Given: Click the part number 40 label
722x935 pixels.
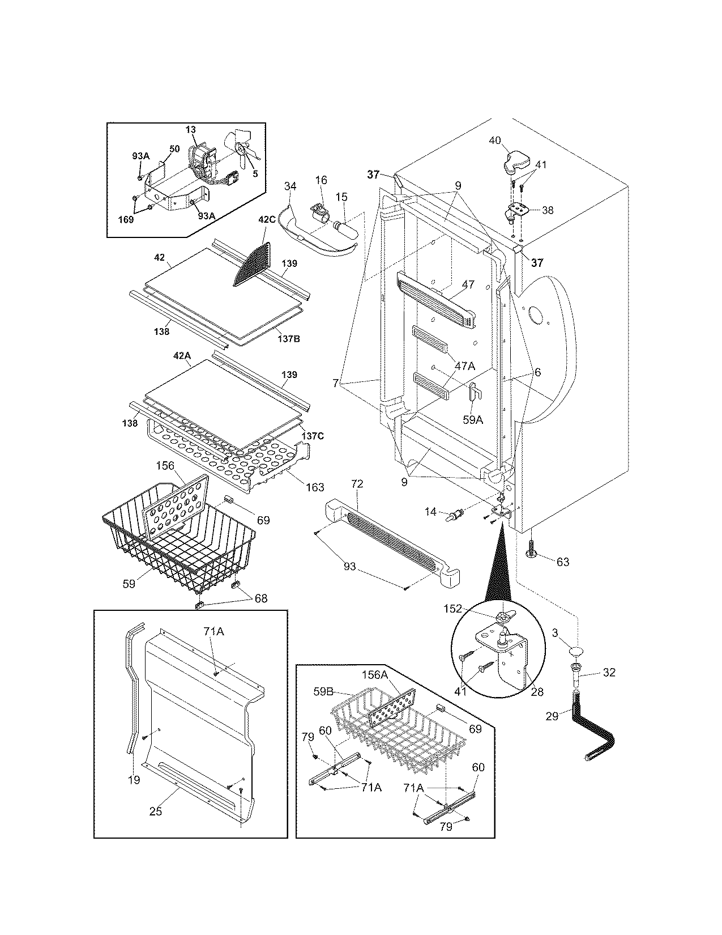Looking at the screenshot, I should click(495, 141).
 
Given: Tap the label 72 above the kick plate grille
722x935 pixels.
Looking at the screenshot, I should click(357, 484).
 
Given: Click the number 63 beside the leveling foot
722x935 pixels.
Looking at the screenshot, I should click(563, 562).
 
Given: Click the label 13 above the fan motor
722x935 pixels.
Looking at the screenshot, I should click(190, 130).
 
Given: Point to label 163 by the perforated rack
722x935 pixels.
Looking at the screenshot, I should click(315, 487).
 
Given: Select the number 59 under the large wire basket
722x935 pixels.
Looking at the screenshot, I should click(129, 583).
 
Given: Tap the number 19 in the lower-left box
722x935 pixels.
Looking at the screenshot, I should click(134, 779).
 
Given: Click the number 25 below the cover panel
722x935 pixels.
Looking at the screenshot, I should click(155, 811).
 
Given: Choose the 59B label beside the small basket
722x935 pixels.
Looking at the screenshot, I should click(340, 691).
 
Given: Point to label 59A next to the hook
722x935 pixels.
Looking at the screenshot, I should click(473, 404).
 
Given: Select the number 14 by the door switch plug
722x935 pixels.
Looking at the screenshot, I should click(430, 512).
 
